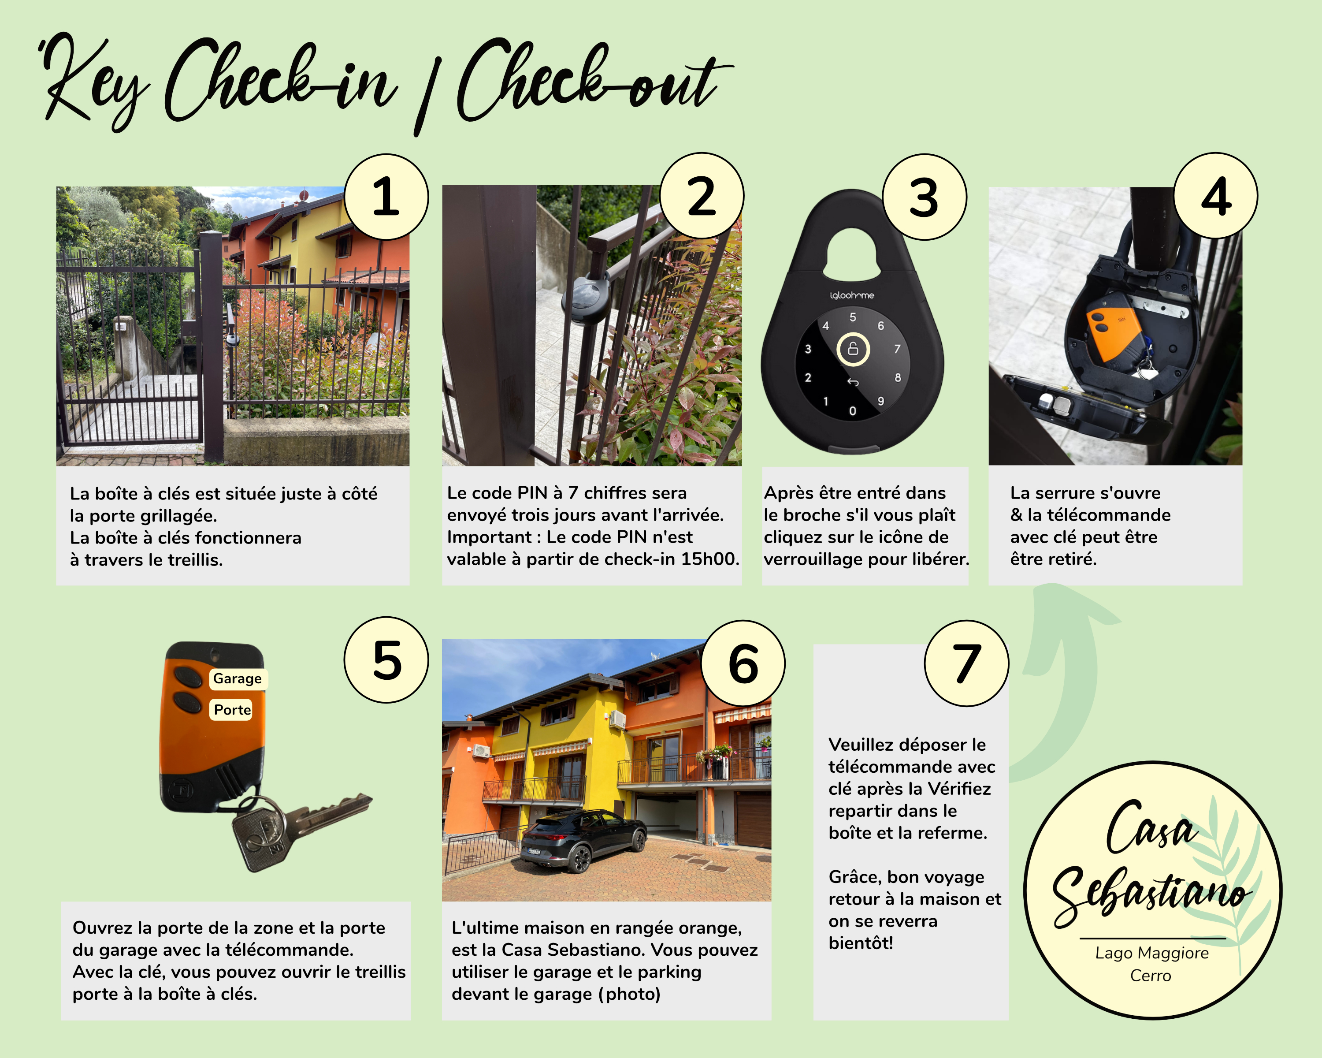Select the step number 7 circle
(x=966, y=663)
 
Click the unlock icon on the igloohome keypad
(x=853, y=350)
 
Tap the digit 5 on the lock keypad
(x=852, y=317)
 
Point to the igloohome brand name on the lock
(x=852, y=295)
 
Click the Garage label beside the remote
(x=237, y=678)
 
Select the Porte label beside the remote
(x=232, y=710)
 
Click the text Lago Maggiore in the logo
(x=1151, y=953)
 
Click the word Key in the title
(x=92, y=83)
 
